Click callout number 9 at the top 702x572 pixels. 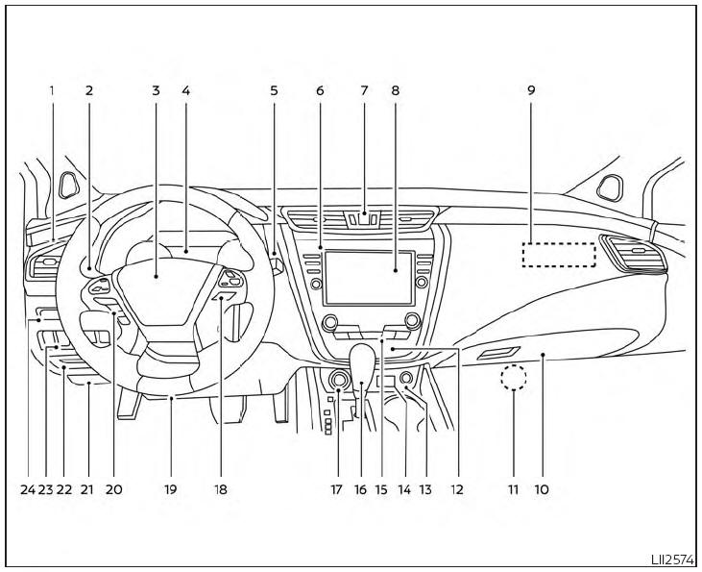click(531, 90)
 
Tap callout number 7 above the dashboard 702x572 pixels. click(364, 90)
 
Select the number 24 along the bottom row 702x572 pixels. click(28, 489)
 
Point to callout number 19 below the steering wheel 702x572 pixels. click(170, 489)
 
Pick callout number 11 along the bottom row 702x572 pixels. click(514, 489)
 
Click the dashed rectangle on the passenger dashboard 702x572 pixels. click(559, 255)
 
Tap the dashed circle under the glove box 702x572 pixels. click(514, 377)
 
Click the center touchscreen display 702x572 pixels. click(369, 278)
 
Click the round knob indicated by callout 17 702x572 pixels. click(338, 379)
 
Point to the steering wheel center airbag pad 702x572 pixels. click(156, 289)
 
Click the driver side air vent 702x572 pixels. click(43, 266)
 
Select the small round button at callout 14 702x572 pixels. click(405, 378)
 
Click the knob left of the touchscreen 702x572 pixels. click(316, 284)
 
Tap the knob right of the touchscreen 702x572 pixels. click(422, 282)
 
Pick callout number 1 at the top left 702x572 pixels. click(52, 90)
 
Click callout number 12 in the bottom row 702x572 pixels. click(457, 489)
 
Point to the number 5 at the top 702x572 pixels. click(274, 90)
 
